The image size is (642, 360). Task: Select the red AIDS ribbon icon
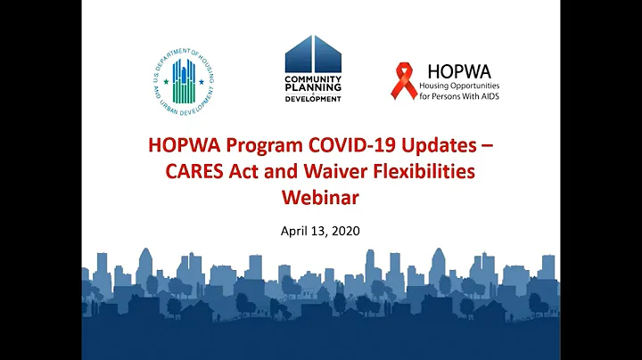[406, 80]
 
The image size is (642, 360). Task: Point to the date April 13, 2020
[320, 231]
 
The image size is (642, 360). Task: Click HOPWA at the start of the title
[187, 147]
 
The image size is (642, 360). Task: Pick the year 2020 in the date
[346, 231]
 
